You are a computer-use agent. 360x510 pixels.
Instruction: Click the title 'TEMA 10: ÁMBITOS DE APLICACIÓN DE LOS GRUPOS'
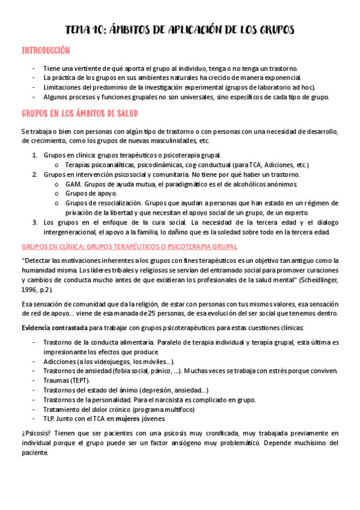pos(180,30)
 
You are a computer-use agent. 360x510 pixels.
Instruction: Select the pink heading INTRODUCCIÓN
pos(46,51)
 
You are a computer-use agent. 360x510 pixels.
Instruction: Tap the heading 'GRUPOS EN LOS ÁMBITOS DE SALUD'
pos(82,113)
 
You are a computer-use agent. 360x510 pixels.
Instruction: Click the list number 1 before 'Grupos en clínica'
pos(34,155)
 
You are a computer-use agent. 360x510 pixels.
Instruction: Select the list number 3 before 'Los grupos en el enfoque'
pos(34,223)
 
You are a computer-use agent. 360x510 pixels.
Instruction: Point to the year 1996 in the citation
pos(28,289)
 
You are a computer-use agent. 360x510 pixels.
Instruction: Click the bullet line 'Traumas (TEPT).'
pos(67,381)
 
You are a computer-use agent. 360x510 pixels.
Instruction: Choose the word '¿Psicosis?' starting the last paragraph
pos(37,433)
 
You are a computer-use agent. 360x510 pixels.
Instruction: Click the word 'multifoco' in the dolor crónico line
pos(180,410)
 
